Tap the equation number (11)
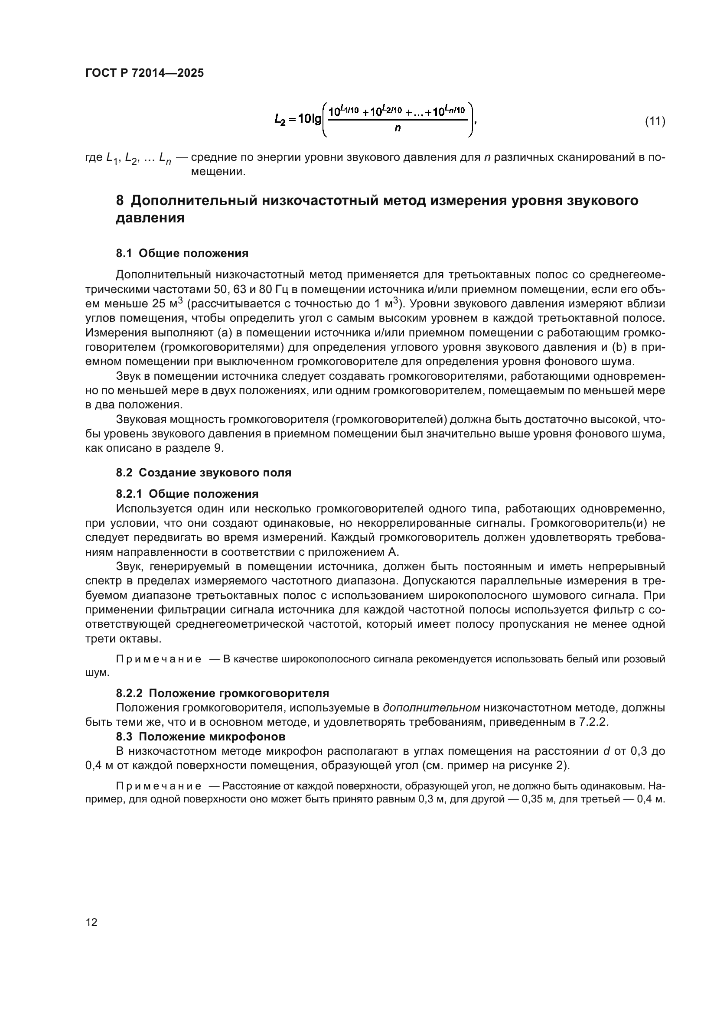click(x=655, y=121)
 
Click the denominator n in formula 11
click(x=398, y=128)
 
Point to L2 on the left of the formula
click(x=280, y=119)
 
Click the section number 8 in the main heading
click(x=120, y=201)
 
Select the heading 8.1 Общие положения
click(x=182, y=254)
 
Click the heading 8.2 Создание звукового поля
click(x=204, y=473)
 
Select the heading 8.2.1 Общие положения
click(x=187, y=494)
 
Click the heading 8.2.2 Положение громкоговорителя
click(x=222, y=693)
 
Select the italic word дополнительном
click(x=431, y=708)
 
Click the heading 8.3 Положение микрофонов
click(x=200, y=737)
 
